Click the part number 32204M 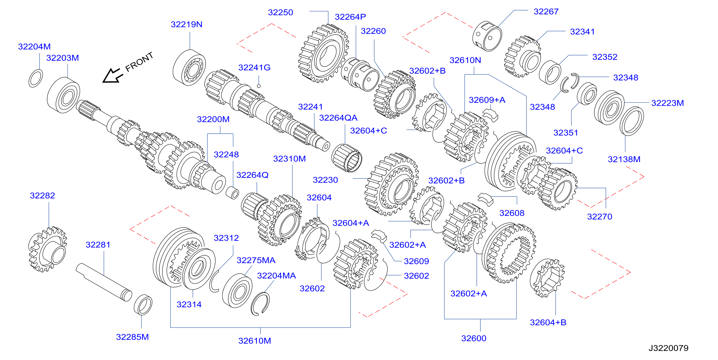point(34,47)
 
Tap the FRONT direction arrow point(113,75)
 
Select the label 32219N point(186,25)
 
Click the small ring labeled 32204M point(36,78)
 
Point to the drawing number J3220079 point(668,348)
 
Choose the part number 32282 point(42,196)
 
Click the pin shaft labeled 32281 point(104,282)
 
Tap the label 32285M point(132,337)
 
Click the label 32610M point(254,341)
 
